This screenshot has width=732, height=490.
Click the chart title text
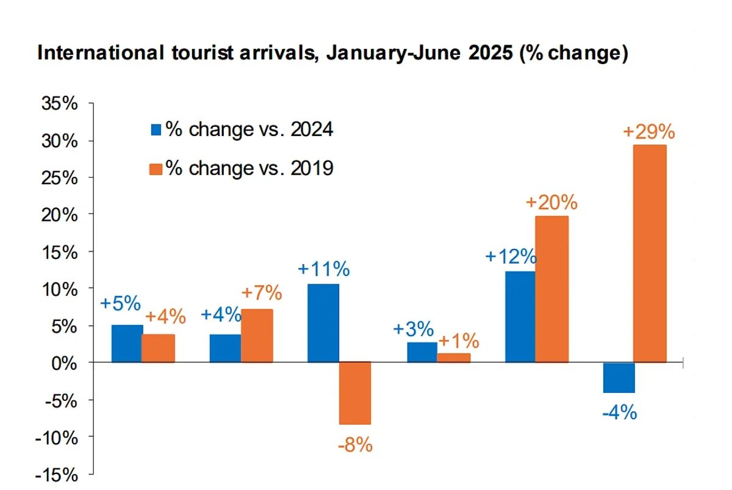(x=332, y=53)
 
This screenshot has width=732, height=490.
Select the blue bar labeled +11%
(x=323, y=323)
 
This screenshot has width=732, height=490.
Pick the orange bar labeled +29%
(x=650, y=253)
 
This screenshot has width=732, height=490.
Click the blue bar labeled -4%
(x=619, y=377)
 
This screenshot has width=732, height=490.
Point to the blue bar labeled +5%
(x=127, y=344)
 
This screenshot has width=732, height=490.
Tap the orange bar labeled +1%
(x=454, y=358)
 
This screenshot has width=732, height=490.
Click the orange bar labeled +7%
(x=257, y=336)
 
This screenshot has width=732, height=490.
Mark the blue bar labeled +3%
(x=422, y=352)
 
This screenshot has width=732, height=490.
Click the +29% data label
(x=648, y=132)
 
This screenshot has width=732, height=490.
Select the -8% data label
(x=354, y=445)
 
